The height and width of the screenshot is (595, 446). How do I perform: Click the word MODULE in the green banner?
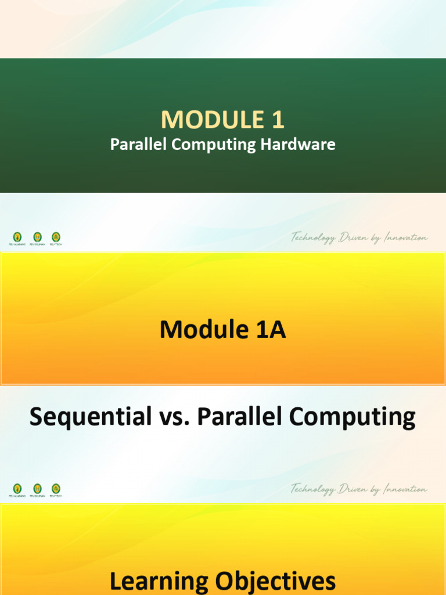coord(206,120)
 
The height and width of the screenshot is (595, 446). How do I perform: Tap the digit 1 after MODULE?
coord(277,120)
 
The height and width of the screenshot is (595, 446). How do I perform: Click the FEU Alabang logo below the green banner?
coord(17,237)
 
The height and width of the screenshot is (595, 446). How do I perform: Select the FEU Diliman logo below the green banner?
coord(37,237)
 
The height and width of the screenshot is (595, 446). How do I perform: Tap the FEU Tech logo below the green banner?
coord(56,237)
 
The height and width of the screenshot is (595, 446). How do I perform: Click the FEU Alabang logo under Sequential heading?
coord(17,489)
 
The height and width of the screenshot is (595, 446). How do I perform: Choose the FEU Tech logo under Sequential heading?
coord(56,489)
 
